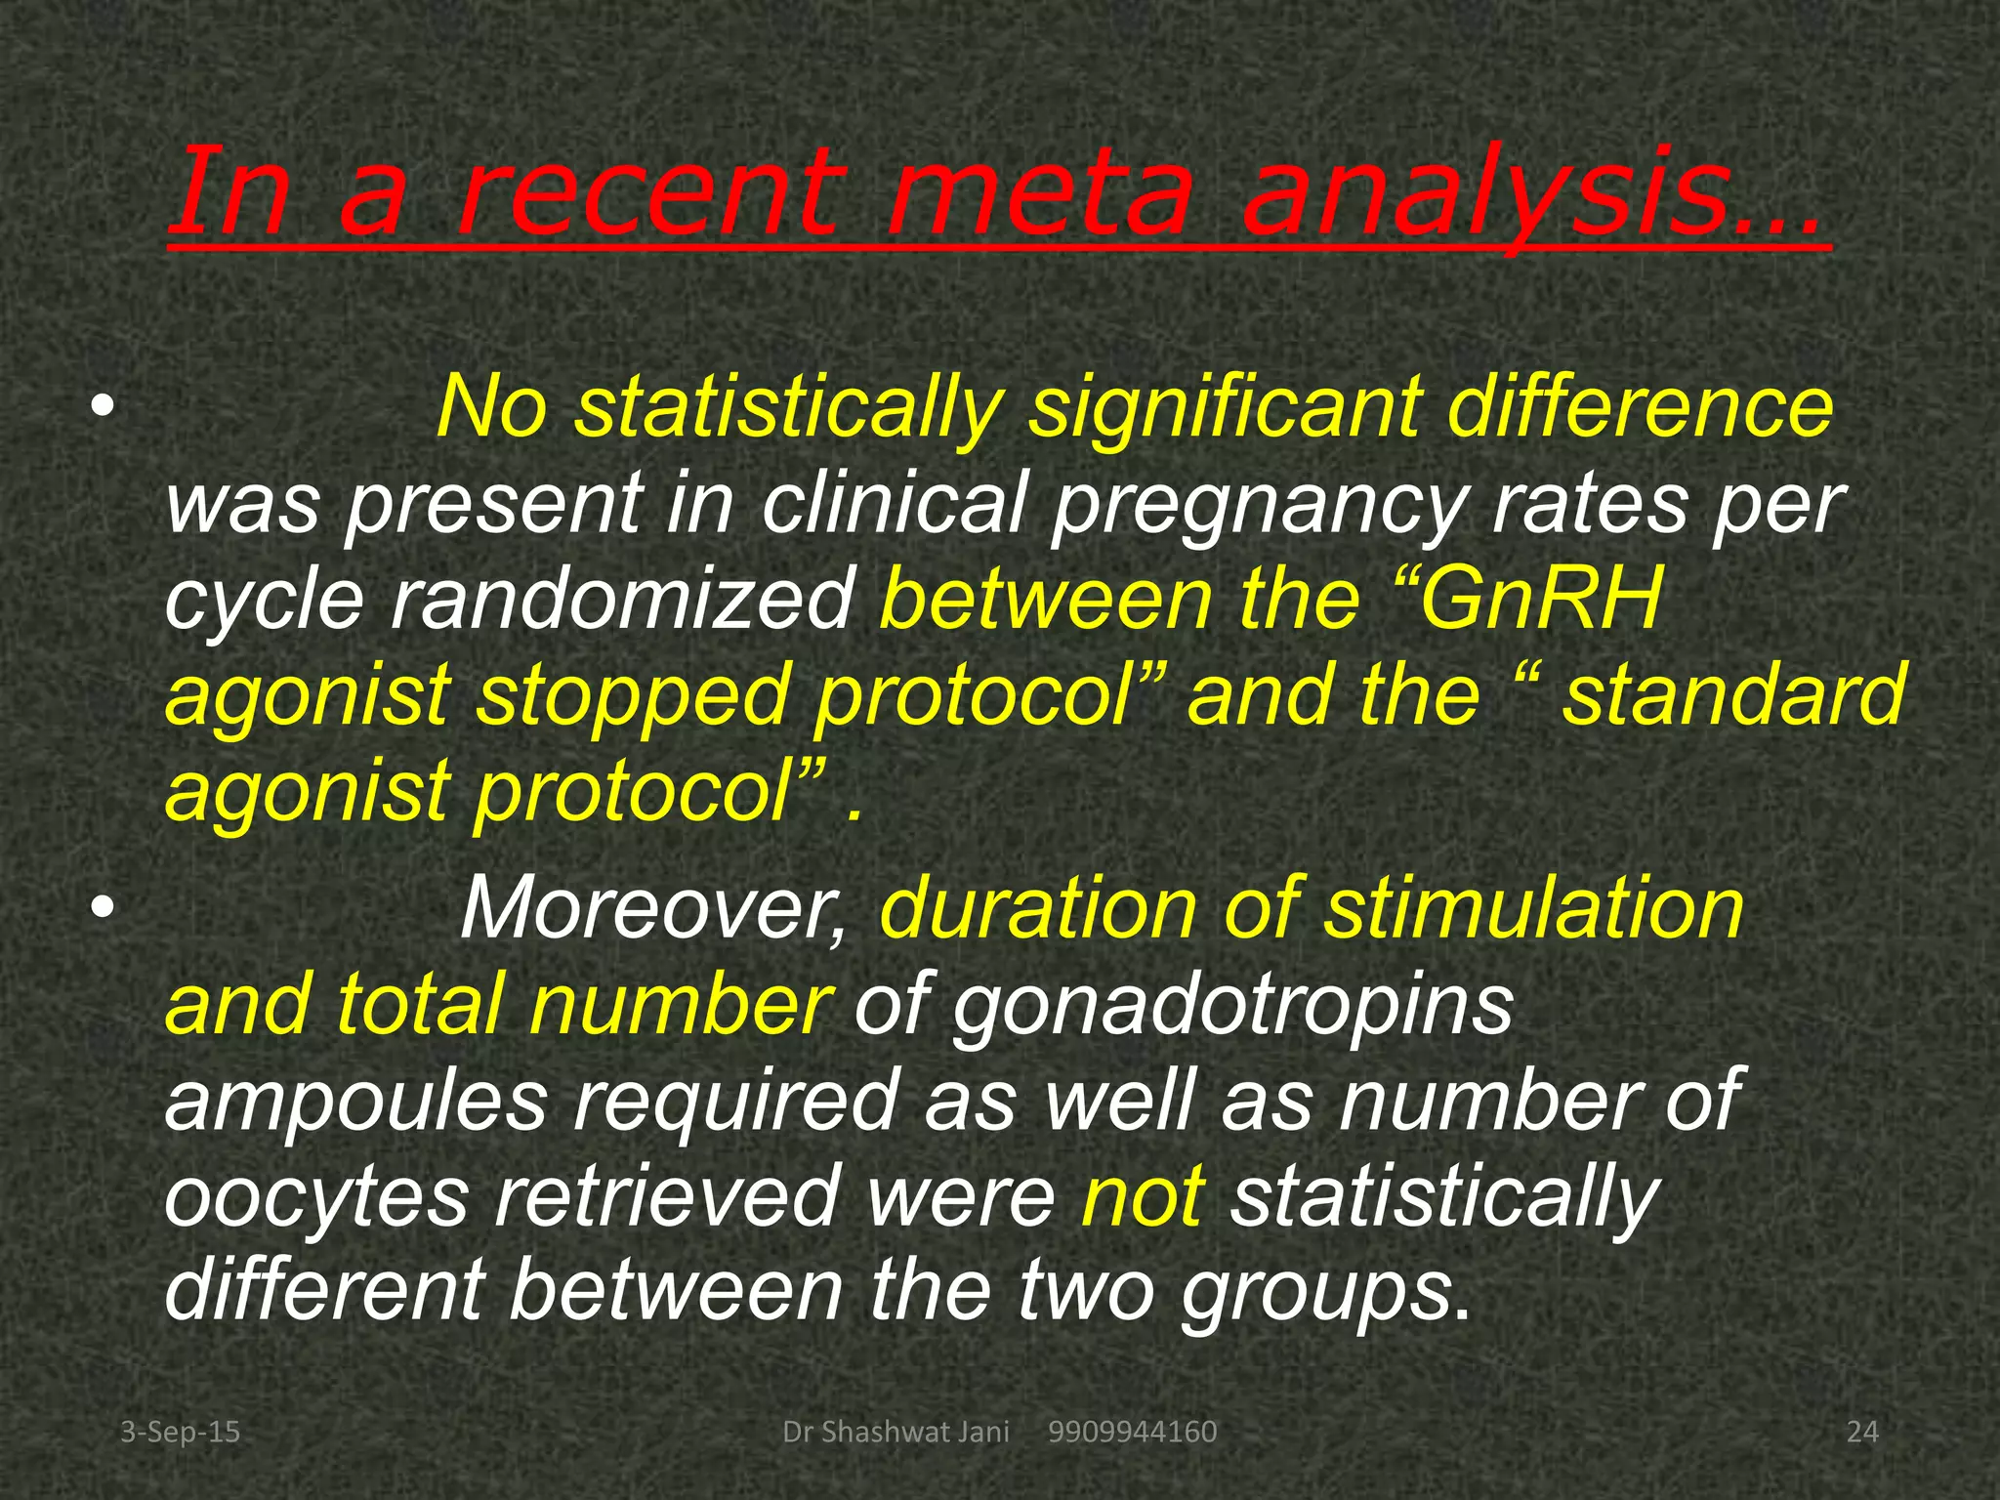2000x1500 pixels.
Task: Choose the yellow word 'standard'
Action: point(1732,695)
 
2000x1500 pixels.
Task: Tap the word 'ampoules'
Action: point(355,1102)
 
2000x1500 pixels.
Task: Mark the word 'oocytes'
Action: point(316,1197)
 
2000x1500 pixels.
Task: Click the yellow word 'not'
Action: point(1143,1197)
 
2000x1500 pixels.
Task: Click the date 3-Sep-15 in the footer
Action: point(180,1433)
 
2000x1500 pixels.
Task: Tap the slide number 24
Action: point(1862,1433)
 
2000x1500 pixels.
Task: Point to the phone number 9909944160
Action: point(1132,1433)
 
